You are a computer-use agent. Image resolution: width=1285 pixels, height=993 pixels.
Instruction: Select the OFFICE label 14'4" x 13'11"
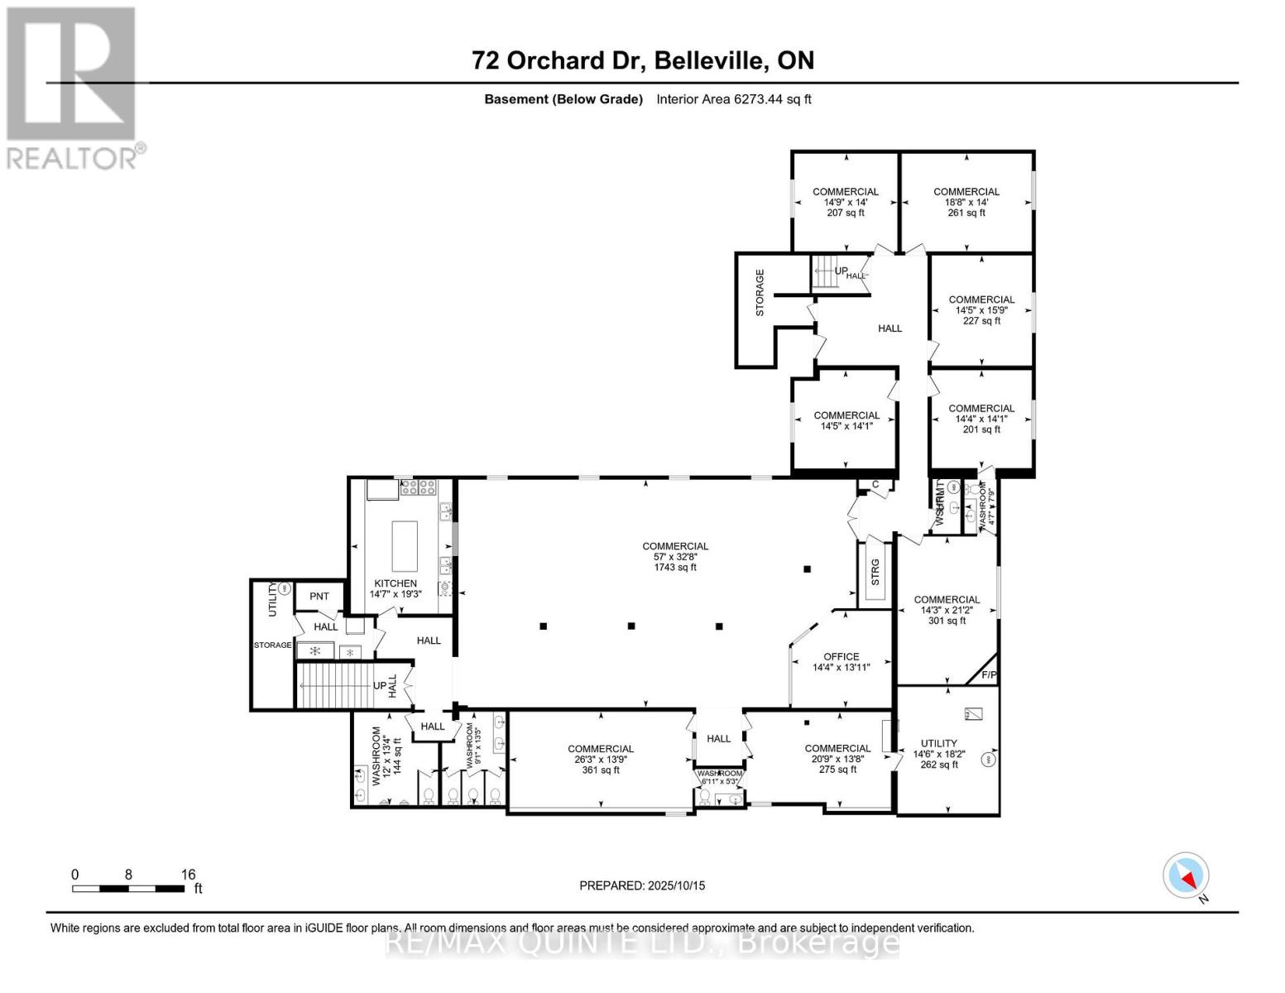coord(841,662)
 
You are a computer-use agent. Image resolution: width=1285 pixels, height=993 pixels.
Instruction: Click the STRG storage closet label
coord(875,573)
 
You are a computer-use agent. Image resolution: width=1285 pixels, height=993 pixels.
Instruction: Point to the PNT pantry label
coord(319,596)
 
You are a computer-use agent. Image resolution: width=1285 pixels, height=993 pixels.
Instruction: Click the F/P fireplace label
coord(989,675)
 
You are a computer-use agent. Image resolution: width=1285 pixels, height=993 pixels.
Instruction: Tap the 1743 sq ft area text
coord(675,568)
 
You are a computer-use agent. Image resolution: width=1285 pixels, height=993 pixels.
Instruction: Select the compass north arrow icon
coord(1186,875)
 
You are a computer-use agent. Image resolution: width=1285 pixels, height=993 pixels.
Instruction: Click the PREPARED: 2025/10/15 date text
coord(642,885)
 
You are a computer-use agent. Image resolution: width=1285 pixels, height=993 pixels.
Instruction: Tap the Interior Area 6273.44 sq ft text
coord(733,99)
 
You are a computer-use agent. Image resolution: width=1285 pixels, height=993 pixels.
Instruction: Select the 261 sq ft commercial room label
coord(966,213)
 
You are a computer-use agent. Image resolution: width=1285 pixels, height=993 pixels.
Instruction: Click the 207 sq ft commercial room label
coord(845,213)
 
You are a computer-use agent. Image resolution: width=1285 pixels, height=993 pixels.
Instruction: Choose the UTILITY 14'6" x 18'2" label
coord(938,754)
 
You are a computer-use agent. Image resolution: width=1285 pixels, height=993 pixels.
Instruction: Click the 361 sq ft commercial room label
coord(601,770)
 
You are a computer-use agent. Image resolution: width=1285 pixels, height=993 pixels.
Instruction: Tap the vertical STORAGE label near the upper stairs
coord(760,293)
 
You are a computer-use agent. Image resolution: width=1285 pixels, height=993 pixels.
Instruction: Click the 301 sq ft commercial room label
coord(947,621)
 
